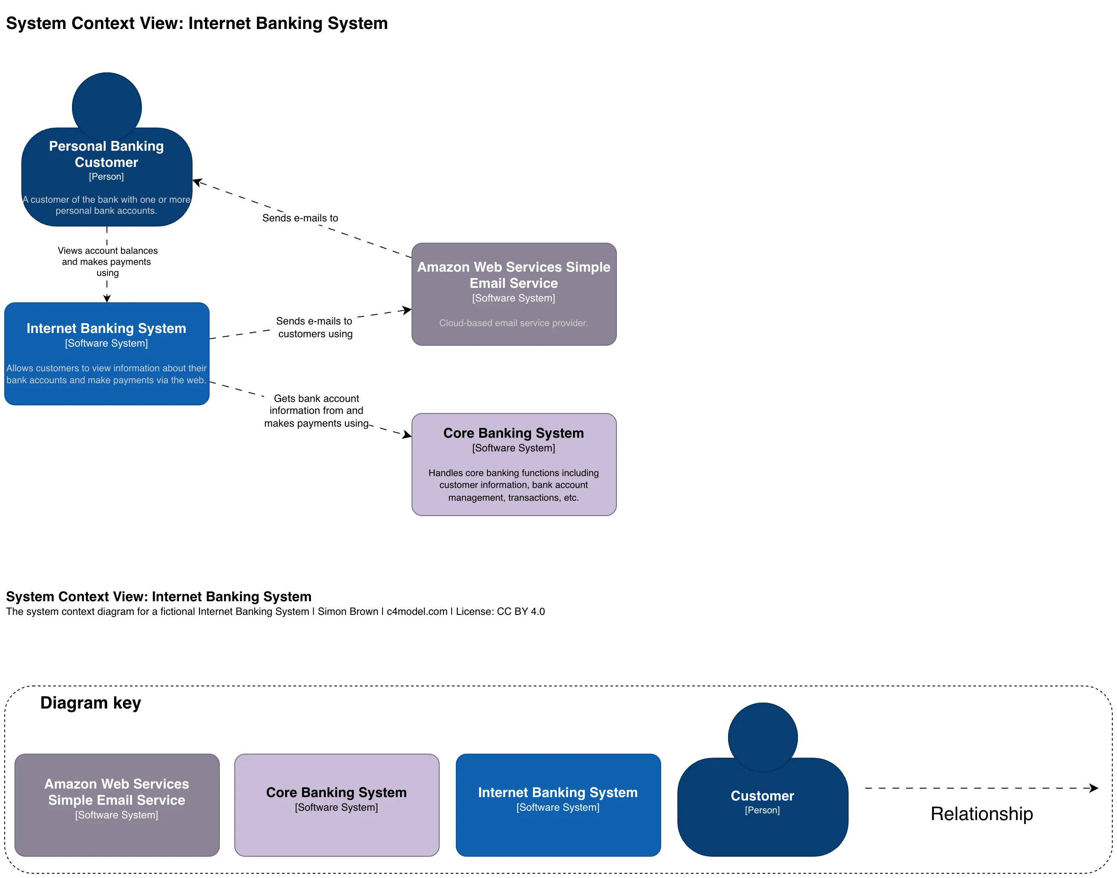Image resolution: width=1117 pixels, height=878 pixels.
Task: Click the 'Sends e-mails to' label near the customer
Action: click(x=300, y=218)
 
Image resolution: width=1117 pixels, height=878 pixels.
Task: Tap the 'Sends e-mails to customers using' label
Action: click(x=314, y=327)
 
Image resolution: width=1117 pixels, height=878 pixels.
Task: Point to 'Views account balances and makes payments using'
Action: click(x=107, y=261)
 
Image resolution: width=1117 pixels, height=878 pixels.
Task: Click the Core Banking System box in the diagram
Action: click(x=513, y=464)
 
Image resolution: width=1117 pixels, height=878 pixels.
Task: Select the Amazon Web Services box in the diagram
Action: click(x=513, y=294)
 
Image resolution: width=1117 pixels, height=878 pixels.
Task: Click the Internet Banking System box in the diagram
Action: click(x=107, y=354)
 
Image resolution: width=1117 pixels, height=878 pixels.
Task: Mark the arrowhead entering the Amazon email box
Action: click(x=407, y=310)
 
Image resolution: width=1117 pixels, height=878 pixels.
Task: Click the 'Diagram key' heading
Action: click(x=90, y=703)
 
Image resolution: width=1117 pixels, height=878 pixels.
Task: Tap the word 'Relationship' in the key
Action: click(x=981, y=814)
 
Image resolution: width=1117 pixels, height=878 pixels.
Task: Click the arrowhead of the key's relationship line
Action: click(x=1094, y=788)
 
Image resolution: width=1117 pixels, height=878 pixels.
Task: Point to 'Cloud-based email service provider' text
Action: click(x=513, y=323)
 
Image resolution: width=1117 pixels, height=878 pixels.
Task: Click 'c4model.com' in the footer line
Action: click(x=417, y=611)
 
